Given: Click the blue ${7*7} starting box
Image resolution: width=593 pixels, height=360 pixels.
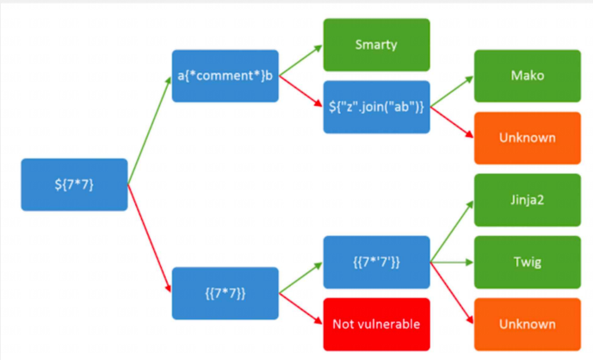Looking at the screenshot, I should [x=74, y=184].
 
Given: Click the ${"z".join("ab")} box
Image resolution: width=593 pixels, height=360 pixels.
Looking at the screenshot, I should [x=376, y=107].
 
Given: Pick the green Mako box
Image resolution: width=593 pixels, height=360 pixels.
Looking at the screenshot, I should [x=527, y=75].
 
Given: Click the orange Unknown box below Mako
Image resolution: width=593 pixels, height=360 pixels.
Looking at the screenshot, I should [x=527, y=137].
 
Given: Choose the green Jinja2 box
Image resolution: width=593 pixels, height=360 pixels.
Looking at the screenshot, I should [x=527, y=200].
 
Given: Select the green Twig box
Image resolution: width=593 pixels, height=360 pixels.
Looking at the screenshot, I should [x=527, y=261].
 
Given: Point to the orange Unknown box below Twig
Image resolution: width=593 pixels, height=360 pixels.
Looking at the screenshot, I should [x=527, y=324].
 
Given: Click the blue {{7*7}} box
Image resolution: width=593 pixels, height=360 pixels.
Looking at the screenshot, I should [x=225, y=293].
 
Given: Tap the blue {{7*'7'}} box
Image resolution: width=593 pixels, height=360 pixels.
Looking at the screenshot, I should [x=376, y=262].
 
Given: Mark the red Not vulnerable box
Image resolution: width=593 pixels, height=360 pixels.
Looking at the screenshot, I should [x=376, y=324].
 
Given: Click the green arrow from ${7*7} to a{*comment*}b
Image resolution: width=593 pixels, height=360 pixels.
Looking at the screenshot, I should [x=150, y=129].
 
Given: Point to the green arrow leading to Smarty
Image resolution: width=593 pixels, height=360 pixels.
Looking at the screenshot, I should [x=300, y=60].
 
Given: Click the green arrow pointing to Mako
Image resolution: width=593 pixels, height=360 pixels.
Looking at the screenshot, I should [x=451, y=91].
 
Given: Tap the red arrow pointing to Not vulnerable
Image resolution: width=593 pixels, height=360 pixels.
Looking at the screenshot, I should [x=300, y=307].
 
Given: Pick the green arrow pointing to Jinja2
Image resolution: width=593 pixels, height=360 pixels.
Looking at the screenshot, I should [x=451, y=231].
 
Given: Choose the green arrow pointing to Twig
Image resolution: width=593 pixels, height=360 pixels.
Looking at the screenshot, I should [x=451, y=262].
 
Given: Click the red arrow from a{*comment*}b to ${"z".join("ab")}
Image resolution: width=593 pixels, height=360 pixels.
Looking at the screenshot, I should [x=300, y=90].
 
